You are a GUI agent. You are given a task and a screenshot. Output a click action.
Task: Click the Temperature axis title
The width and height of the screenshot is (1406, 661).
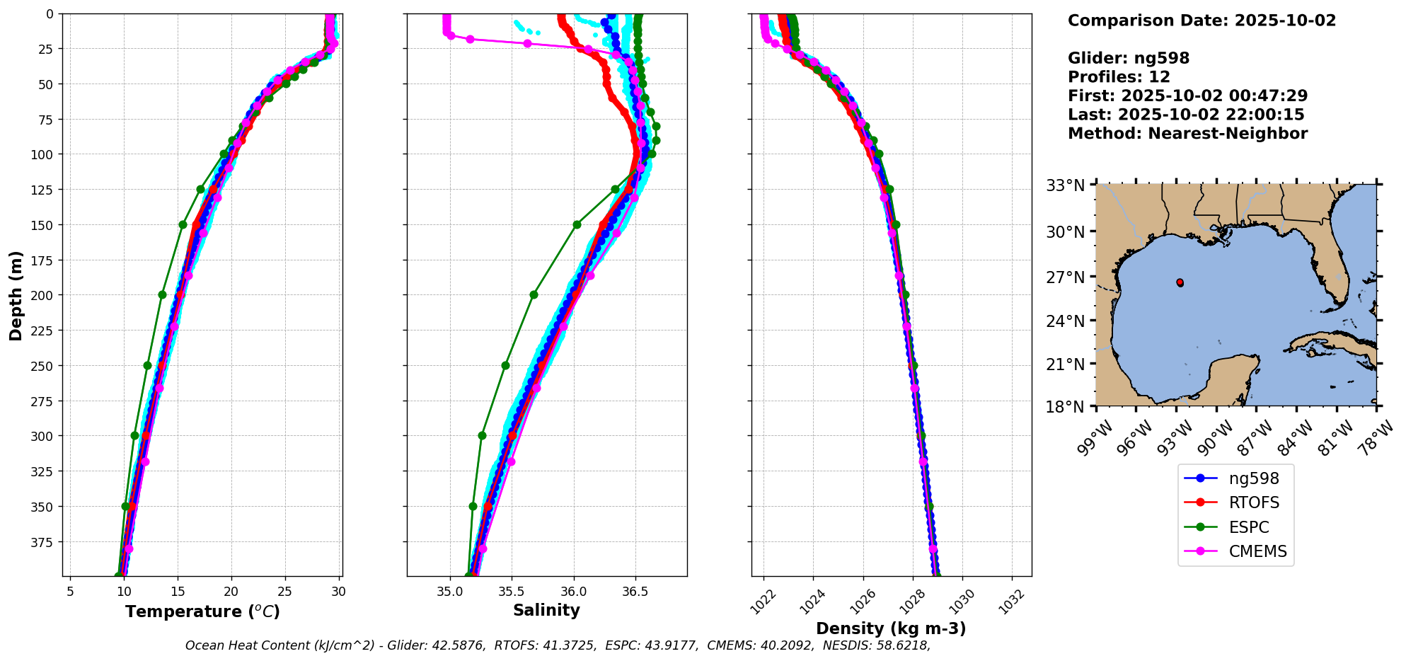coord(202,611)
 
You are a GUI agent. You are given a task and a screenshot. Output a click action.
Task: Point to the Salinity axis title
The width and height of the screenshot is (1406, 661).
coord(546,611)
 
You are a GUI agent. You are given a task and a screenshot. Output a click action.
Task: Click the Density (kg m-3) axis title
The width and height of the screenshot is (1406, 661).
coord(891,628)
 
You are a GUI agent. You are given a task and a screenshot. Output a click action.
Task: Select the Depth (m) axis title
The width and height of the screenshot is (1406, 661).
coord(16,295)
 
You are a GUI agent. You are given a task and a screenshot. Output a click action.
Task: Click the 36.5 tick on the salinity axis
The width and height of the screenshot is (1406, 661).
coord(635,591)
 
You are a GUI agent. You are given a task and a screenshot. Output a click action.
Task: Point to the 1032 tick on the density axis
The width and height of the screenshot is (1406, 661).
coord(1010,598)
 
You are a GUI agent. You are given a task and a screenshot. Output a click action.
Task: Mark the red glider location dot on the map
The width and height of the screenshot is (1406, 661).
coord(1180,282)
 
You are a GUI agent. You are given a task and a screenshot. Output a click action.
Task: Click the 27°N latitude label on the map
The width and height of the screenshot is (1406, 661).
coord(1065,277)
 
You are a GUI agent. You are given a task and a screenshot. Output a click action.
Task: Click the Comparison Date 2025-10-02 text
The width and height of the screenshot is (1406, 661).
coord(1202,21)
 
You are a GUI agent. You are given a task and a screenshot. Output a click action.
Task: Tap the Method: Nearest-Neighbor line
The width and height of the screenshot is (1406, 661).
coord(1187,134)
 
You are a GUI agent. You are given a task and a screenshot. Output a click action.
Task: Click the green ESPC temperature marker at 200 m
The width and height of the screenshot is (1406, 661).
coord(162,295)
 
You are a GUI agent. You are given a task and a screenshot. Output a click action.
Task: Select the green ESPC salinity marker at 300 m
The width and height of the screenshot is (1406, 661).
coord(482,436)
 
